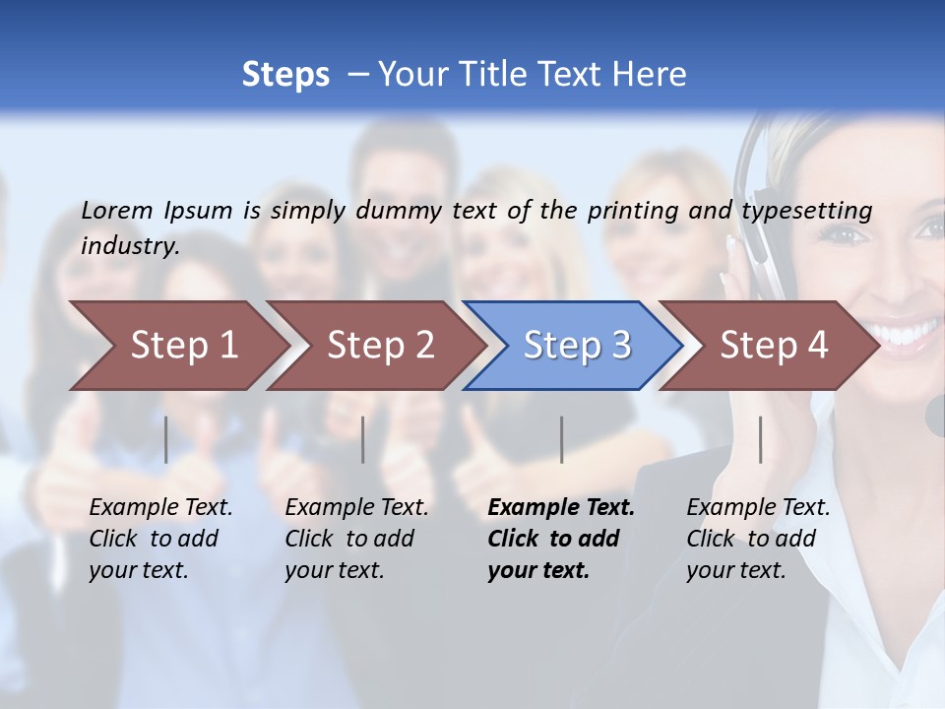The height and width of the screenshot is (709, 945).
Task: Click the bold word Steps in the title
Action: tap(285, 75)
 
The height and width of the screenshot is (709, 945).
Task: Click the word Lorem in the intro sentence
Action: tap(116, 210)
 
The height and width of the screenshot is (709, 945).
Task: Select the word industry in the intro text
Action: tap(130, 245)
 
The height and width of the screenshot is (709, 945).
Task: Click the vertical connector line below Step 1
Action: tap(166, 439)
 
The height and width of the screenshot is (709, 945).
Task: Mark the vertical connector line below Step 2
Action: tap(363, 439)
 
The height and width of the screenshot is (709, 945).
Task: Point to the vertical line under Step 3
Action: tap(562, 439)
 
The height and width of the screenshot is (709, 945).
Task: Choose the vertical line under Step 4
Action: tap(761, 439)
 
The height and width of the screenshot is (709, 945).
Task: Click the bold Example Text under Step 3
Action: tap(561, 508)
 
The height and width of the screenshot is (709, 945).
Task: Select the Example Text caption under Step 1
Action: tap(160, 508)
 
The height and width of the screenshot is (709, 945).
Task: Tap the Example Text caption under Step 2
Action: tap(356, 508)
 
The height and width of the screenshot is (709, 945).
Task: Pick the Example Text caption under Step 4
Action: tap(758, 508)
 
